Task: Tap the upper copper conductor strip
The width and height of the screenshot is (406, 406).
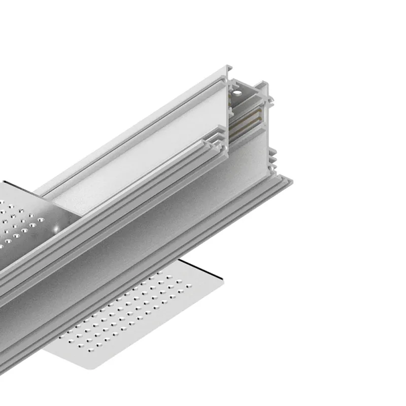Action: click(247, 115)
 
